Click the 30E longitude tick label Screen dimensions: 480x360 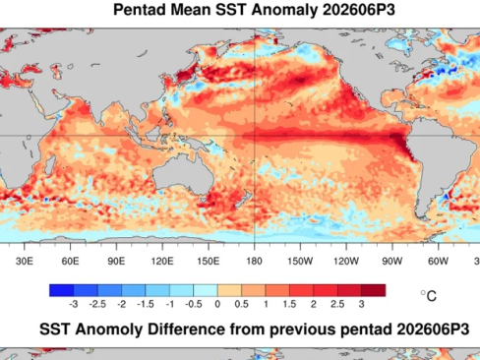pyautogui.click(x=25, y=262)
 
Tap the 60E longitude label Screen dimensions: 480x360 pyautogui.click(x=70, y=262)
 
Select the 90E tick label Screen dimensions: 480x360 pyautogui.click(x=116, y=262)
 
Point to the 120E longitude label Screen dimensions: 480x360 pyautogui.click(x=162, y=262)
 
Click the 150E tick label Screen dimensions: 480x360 pyautogui.click(x=209, y=262)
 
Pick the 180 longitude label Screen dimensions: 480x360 pyautogui.click(x=254, y=262)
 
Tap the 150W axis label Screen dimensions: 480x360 pyautogui.click(x=300, y=262)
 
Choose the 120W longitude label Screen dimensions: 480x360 pyautogui.click(x=346, y=262)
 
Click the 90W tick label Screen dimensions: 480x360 pyautogui.click(x=392, y=262)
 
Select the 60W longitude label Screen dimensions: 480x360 pyautogui.click(x=438, y=262)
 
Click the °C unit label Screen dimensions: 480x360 pyautogui.click(x=429, y=296)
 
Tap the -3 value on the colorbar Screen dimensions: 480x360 pyautogui.click(x=74, y=304)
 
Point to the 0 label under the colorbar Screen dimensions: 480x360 pyautogui.click(x=217, y=304)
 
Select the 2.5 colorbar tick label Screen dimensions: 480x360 pyautogui.click(x=337, y=304)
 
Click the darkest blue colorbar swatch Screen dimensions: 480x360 pyautogui.click(x=61, y=290)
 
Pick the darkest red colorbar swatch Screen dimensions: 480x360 pyautogui.click(x=374, y=290)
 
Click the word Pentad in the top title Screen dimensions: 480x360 pyautogui.click(x=140, y=10)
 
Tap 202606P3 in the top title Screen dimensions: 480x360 pyautogui.click(x=359, y=10)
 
